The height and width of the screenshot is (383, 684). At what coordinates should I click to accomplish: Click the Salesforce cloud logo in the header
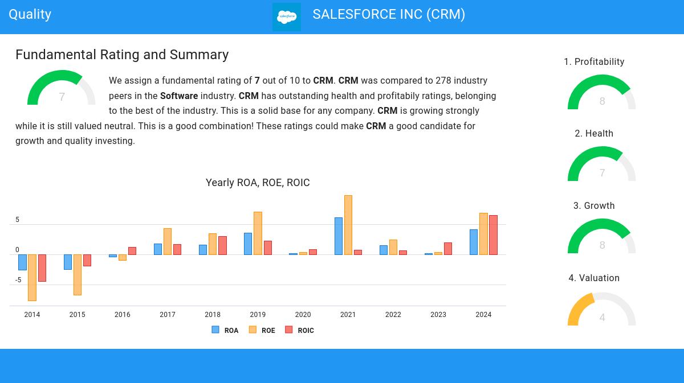click(x=287, y=17)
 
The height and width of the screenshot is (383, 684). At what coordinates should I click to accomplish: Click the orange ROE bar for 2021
click(x=348, y=225)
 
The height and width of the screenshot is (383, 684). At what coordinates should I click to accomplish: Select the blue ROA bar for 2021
click(x=339, y=236)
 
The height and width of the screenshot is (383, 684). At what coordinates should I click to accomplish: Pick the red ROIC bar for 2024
click(x=493, y=235)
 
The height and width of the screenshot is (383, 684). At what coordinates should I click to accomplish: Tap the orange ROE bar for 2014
click(x=32, y=278)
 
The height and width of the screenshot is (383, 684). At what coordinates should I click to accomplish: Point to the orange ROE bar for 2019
click(x=258, y=233)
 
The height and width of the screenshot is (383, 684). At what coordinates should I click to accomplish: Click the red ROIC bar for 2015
click(x=87, y=260)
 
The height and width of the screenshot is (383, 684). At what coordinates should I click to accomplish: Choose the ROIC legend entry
click(x=300, y=330)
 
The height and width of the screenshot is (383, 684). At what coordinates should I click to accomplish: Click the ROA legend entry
click(x=225, y=330)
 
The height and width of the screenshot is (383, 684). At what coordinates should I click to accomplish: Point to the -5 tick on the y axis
click(x=18, y=280)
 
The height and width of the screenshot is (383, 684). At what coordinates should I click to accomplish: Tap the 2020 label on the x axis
click(x=303, y=315)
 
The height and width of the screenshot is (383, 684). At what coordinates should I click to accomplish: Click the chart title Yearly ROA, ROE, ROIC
click(x=258, y=183)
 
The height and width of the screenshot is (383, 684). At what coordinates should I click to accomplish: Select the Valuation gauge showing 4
click(x=602, y=310)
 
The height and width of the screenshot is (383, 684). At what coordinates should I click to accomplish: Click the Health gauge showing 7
click(x=602, y=166)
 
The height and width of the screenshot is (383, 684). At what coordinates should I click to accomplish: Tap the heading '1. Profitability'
click(x=594, y=61)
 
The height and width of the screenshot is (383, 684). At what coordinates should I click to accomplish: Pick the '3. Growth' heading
click(x=594, y=205)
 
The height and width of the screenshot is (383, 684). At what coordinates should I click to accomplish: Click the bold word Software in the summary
click(x=179, y=96)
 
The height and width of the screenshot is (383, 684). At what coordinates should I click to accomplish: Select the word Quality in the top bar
click(x=30, y=14)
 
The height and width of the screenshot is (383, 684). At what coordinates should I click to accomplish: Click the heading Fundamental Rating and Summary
click(x=122, y=55)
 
